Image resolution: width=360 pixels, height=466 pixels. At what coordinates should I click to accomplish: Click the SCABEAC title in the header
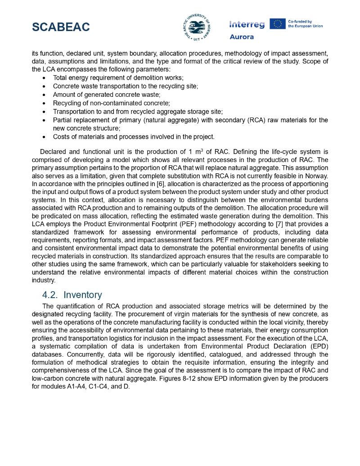click(61, 27)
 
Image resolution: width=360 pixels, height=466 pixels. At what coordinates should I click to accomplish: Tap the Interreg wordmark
click(247, 24)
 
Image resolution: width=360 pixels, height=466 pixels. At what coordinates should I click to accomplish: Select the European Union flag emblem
click(277, 24)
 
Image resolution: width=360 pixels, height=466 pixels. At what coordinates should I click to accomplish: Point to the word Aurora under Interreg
click(242, 37)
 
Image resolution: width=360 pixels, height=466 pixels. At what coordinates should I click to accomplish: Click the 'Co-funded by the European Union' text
click(305, 24)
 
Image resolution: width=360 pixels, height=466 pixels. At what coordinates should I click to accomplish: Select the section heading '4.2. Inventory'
click(72, 295)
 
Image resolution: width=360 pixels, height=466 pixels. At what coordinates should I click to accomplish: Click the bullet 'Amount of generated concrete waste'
click(107, 95)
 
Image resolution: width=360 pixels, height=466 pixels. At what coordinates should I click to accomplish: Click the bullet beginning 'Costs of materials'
click(134, 137)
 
